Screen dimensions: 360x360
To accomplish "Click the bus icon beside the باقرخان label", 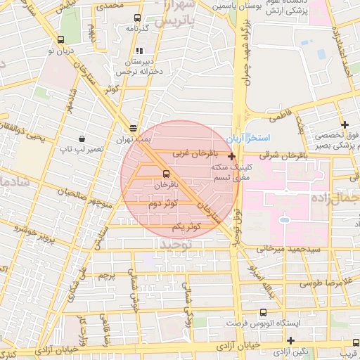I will [166, 172].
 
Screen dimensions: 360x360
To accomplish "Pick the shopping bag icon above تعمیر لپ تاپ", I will [84, 139].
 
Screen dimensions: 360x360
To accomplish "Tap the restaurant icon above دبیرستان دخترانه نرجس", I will [139, 51].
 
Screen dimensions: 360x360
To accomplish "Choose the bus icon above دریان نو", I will [63, 39].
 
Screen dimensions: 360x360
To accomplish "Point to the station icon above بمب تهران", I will [133, 128].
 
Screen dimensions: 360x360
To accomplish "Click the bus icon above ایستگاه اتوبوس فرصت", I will [263, 312].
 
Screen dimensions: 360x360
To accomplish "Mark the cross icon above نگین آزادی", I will [290, 340].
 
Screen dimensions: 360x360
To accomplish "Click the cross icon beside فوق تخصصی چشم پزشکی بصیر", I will [345, 124].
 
